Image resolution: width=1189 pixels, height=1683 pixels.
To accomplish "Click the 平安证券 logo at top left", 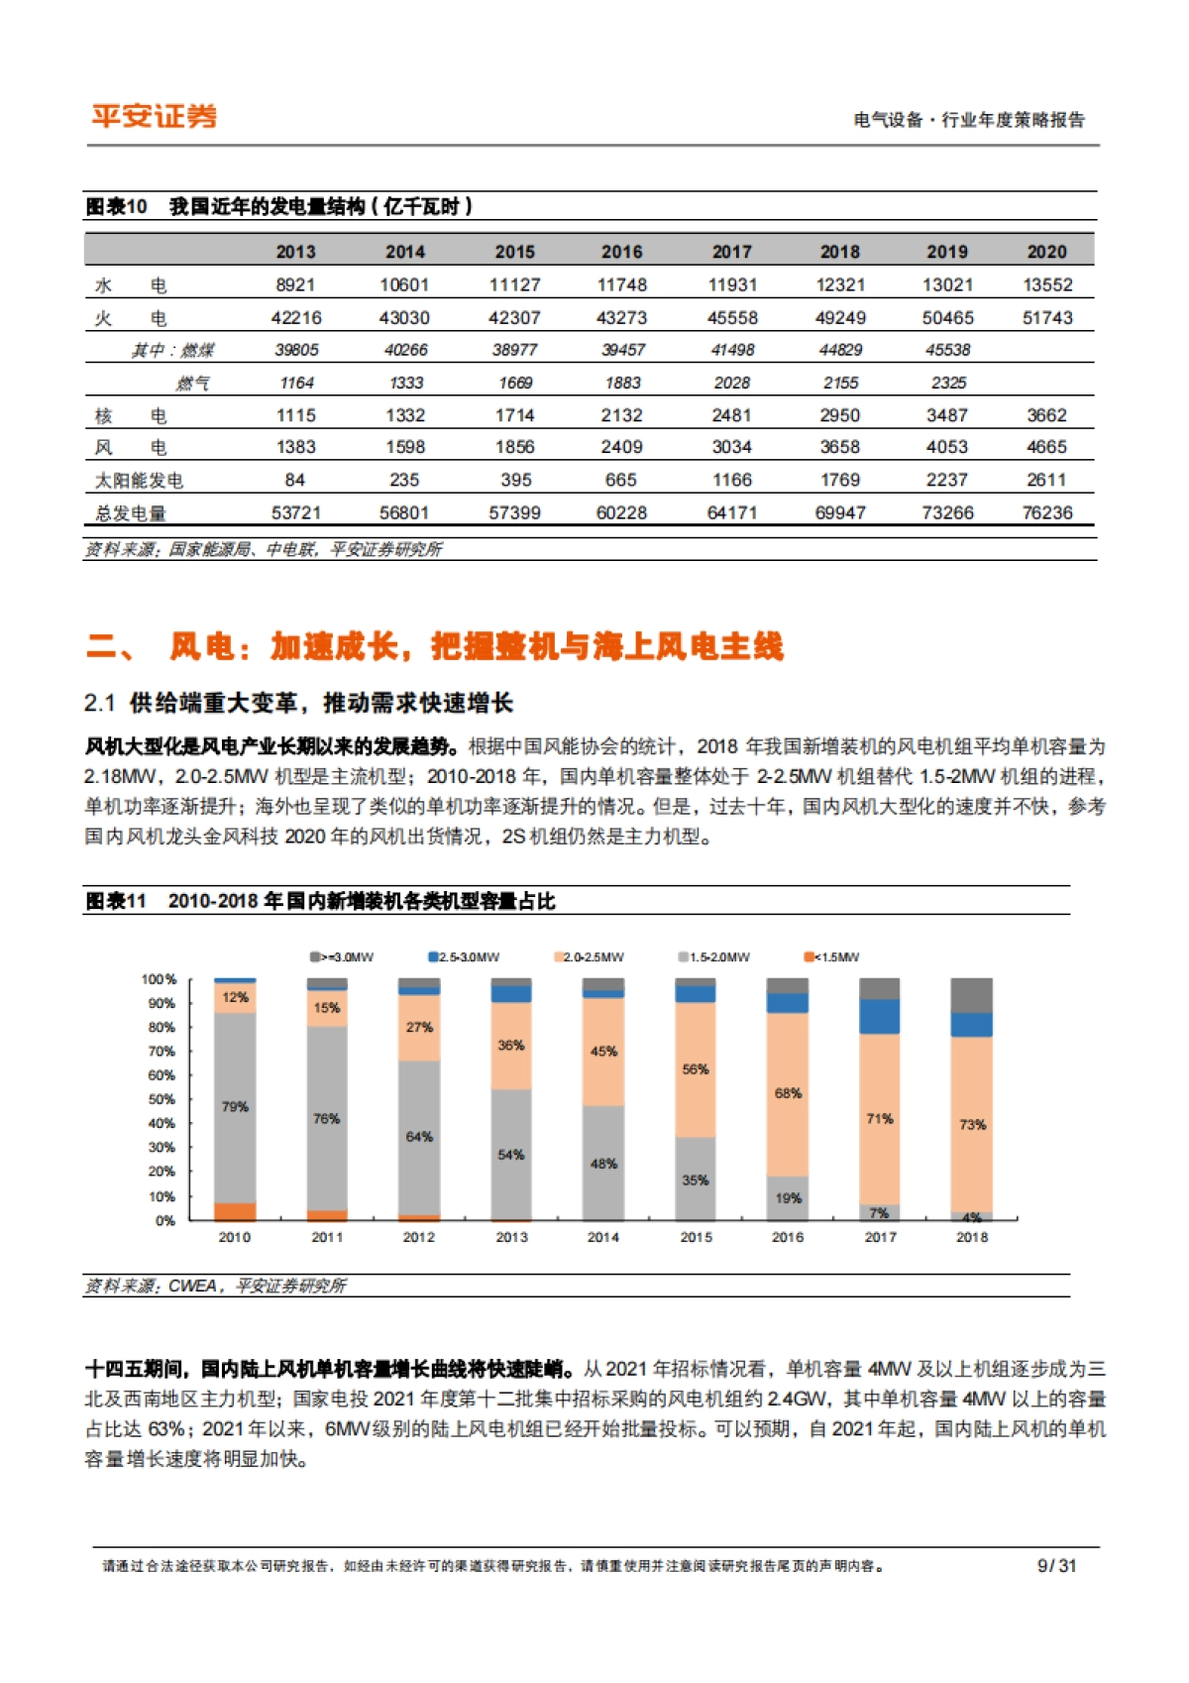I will [x=154, y=116].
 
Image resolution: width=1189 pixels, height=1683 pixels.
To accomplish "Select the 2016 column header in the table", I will [x=621, y=252].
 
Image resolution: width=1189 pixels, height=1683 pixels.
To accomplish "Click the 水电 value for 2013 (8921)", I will [x=295, y=285].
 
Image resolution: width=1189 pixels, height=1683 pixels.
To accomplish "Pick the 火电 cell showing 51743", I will [x=1047, y=318].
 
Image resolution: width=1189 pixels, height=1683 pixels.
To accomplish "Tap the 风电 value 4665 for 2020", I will [x=1047, y=448].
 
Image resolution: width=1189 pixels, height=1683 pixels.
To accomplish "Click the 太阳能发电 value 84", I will [x=295, y=481].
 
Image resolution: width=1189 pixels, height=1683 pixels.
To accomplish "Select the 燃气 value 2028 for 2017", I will [x=731, y=383].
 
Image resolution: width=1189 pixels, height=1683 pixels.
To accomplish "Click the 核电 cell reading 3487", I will [x=947, y=415].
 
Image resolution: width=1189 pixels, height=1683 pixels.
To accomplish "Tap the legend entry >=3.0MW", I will [x=343, y=957].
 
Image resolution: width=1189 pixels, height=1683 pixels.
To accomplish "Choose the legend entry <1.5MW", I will [x=832, y=957].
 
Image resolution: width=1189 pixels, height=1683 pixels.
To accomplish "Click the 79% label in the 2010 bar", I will [x=235, y=1107].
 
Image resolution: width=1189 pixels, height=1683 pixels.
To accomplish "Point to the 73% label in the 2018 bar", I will [x=972, y=1125].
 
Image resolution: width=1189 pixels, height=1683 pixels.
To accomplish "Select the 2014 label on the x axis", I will [x=603, y=1237].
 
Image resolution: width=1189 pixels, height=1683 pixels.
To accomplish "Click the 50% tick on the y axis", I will [x=162, y=1099].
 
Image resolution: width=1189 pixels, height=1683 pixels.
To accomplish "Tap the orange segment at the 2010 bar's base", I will [x=235, y=1211].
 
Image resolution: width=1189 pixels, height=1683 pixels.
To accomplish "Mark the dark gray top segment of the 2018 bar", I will [x=972, y=994].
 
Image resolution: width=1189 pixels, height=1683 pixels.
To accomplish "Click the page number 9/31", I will [x=1056, y=1566].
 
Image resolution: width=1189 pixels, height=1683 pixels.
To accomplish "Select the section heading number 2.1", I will [x=100, y=704].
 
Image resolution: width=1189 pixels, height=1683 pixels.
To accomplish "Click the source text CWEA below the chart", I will [x=192, y=1286].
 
